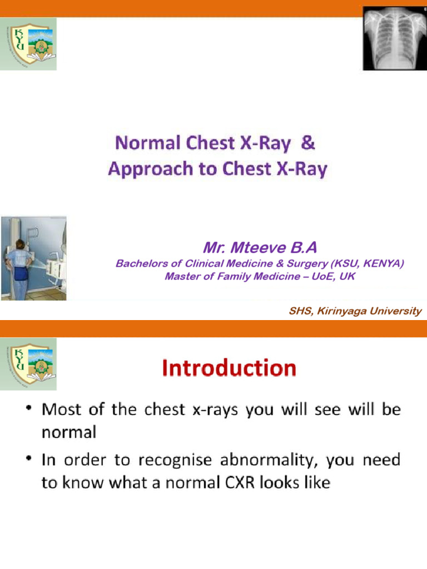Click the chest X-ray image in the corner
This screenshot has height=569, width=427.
coord(394,38)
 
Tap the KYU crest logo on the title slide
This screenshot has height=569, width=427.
coord(28,43)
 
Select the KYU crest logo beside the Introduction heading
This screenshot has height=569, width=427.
coord(28,364)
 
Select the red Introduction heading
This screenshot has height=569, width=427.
coord(229,368)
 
